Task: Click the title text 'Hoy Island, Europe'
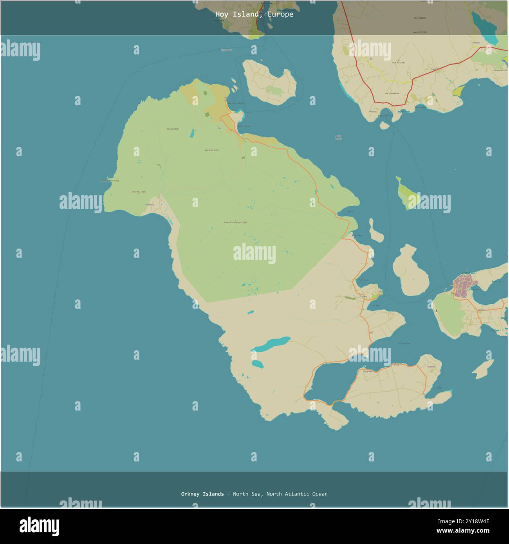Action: click(x=254, y=14)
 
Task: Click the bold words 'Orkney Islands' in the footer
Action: click(x=202, y=494)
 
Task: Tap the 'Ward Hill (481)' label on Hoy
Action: click(x=211, y=150)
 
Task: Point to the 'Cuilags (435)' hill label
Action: click(x=173, y=129)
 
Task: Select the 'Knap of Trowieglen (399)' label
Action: click(x=235, y=222)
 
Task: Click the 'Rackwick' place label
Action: click(x=150, y=205)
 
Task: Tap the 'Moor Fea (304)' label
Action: click(x=138, y=192)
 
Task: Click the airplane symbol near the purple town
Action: click(x=437, y=311)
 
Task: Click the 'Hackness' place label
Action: click(x=431, y=367)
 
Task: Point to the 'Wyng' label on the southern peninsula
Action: click(x=396, y=365)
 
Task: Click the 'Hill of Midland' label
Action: click(x=392, y=94)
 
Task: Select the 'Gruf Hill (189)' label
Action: click(x=398, y=62)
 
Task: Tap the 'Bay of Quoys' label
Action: click(x=245, y=126)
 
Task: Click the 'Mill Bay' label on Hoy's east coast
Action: click(x=363, y=280)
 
